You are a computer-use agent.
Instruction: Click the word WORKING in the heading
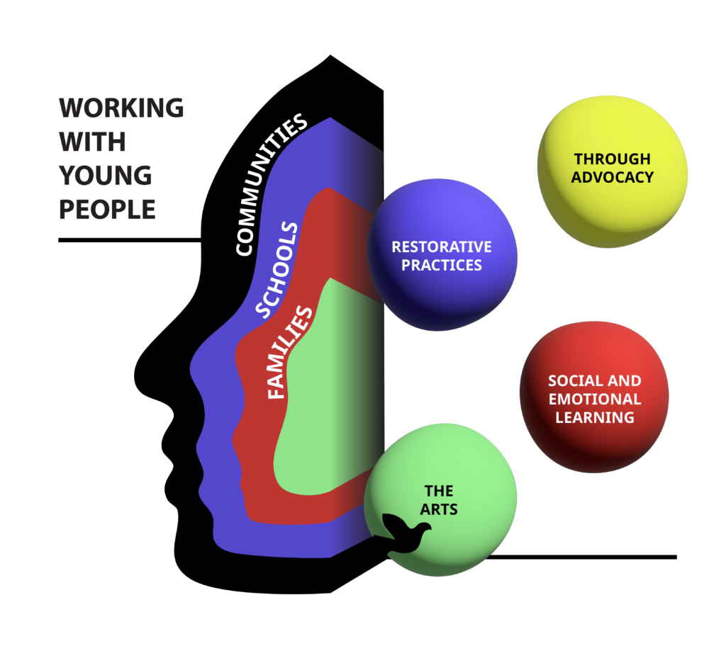121,108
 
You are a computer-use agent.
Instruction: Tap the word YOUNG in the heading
106,176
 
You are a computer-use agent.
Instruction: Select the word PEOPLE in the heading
107,210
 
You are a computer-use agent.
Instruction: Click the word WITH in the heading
93,142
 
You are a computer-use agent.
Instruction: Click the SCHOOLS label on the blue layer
277,270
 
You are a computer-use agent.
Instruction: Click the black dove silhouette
405,535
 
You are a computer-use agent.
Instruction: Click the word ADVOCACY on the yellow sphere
613,177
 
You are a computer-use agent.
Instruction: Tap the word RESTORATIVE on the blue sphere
442,247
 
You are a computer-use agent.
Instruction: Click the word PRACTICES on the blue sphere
442,266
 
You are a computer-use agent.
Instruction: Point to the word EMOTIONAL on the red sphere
594,399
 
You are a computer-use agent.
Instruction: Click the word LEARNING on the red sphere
594,417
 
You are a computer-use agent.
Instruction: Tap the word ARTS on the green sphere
439,509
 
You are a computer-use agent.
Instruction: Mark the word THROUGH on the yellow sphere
613,159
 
